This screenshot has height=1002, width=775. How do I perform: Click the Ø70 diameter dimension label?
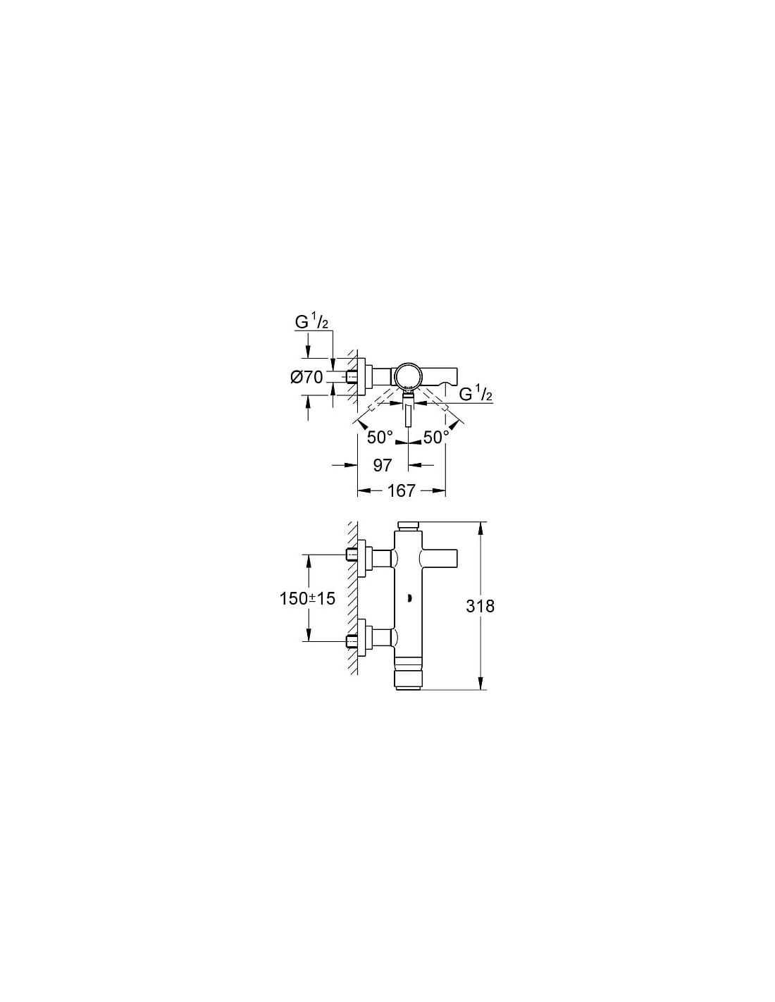[x=306, y=377]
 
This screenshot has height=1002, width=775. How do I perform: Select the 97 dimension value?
[x=382, y=465]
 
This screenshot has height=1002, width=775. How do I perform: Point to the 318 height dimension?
[x=480, y=605]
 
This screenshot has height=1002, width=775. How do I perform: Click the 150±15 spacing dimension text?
[x=307, y=598]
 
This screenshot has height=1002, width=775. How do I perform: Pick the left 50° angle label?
[x=380, y=437]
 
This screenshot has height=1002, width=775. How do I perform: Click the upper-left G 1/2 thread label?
[x=311, y=323]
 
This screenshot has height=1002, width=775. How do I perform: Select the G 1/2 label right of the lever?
[x=476, y=395]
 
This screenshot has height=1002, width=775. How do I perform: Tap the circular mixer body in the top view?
[x=407, y=375]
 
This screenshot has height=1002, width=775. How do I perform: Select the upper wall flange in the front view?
[x=362, y=558]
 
